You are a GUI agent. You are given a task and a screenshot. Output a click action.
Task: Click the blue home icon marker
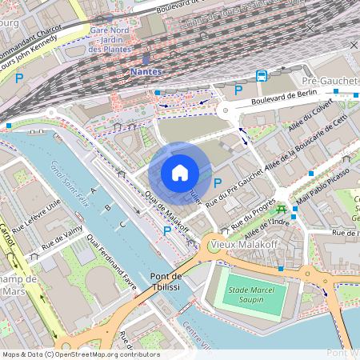180,172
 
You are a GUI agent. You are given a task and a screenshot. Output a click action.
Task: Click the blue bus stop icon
262,75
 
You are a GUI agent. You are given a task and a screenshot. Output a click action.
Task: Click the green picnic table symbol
281,207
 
